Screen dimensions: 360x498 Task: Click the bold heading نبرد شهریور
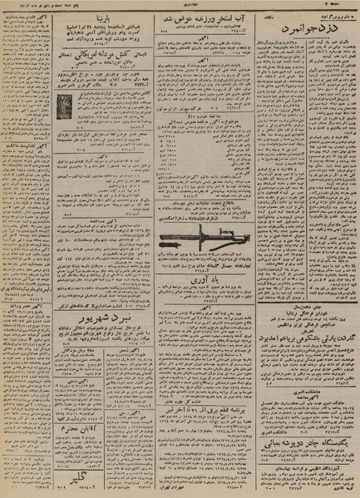(x=90, y=341)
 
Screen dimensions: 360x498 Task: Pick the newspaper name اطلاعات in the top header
(x=180, y=6)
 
